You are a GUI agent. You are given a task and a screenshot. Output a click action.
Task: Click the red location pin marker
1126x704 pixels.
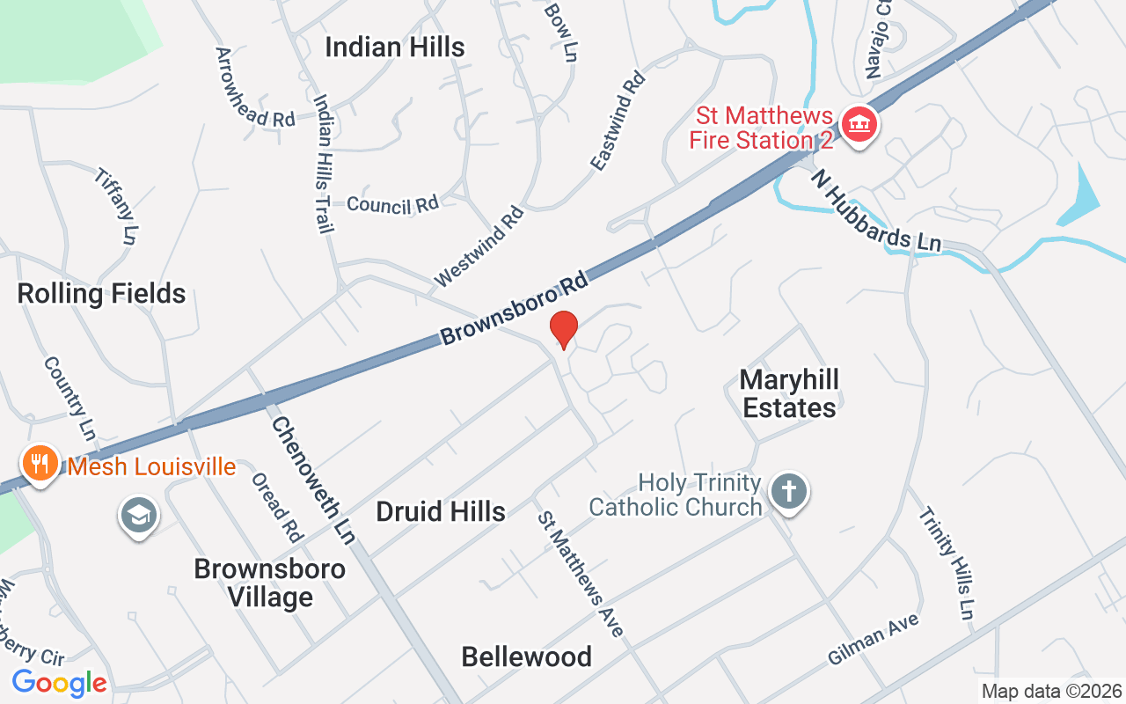pos(563,330)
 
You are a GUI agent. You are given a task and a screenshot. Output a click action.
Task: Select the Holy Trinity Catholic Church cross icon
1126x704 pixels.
pos(788,491)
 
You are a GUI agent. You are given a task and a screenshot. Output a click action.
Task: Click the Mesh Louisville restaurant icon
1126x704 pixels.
pos(40,463)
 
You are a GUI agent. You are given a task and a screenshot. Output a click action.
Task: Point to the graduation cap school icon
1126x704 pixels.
pos(138,516)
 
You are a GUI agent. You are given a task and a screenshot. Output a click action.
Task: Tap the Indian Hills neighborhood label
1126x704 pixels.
pos(394,48)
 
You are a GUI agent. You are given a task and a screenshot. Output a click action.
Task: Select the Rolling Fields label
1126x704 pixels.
pos(101,293)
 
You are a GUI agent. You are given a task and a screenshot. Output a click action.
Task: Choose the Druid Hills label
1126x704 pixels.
pos(440,511)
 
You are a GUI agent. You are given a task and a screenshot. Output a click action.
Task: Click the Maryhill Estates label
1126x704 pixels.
pos(788,393)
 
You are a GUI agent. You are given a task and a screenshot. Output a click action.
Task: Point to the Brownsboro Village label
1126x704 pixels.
pos(269,583)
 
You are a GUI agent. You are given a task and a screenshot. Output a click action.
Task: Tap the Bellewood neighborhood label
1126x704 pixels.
pos(526,656)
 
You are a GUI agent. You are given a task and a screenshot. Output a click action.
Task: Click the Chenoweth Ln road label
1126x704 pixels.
pos(312,480)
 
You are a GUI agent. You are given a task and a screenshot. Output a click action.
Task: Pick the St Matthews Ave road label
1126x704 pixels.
pos(581,574)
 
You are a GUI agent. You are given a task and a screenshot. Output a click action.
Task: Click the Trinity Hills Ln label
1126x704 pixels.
pos(947,563)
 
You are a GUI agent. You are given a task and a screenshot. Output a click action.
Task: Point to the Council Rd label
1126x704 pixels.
pos(392,204)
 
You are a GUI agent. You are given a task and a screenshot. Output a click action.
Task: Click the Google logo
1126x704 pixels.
pos(59,682)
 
